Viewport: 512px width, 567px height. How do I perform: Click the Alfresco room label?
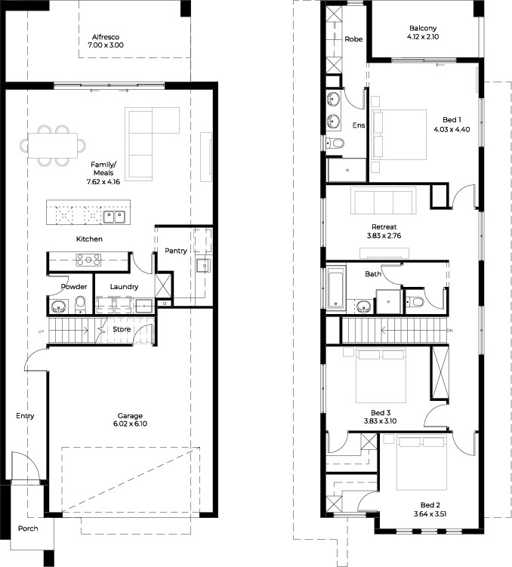(106, 37)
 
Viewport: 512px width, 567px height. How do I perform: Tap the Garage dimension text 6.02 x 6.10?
(130, 424)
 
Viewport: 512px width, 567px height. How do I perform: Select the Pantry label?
(176, 251)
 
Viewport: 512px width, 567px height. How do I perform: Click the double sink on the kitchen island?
(114, 217)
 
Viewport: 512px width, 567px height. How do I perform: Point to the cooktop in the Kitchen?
(88, 260)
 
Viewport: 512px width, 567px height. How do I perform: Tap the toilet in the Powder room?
(80, 305)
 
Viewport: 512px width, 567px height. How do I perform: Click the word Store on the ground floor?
(122, 329)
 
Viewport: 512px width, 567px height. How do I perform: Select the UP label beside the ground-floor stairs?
(42, 331)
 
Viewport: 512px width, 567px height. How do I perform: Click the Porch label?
(28, 528)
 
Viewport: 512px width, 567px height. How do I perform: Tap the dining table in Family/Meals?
(53, 146)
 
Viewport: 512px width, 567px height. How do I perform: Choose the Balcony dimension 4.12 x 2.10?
(423, 36)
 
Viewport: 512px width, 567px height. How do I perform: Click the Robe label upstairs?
(353, 39)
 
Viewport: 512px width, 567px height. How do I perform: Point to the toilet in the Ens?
(335, 143)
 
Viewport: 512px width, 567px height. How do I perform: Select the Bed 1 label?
(452, 120)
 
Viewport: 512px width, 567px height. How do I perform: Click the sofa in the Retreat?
(384, 200)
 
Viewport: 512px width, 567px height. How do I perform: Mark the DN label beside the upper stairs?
(450, 331)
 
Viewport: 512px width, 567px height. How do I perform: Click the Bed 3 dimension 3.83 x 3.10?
(380, 421)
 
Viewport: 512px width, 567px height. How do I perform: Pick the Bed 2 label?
(430, 505)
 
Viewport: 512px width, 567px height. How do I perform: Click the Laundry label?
(124, 287)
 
